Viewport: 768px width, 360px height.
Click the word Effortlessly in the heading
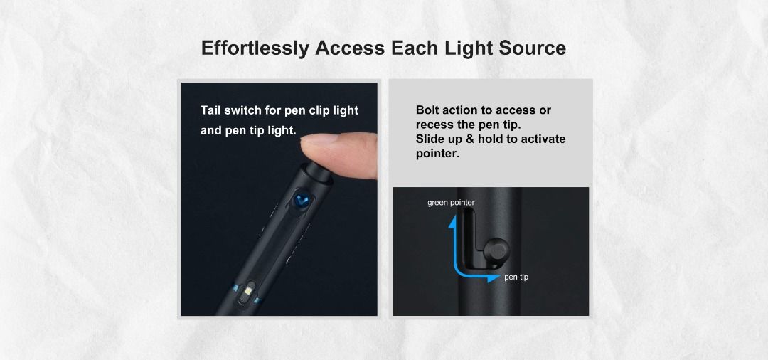click(255, 48)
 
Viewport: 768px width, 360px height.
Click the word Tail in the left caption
click(212, 110)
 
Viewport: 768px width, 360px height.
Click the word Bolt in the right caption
click(429, 110)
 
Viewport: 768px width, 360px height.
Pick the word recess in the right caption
click(434, 125)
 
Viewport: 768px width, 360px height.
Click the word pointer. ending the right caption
click(437, 154)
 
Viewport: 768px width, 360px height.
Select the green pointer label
click(451, 203)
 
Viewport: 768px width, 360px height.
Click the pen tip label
click(516, 277)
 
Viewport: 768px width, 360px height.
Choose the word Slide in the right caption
click(431, 139)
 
